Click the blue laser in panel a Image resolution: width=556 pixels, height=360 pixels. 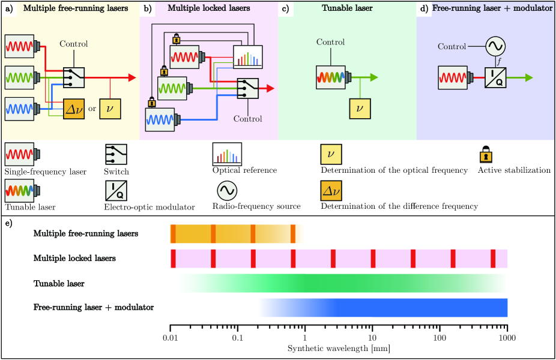point(20,110)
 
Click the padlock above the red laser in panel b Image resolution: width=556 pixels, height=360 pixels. point(177,39)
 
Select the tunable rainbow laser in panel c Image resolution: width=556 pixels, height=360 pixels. point(331,77)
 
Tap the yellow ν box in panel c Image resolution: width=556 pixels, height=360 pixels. point(360,108)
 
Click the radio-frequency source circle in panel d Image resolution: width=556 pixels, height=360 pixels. point(496,46)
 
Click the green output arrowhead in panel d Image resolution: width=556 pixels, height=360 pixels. point(528,78)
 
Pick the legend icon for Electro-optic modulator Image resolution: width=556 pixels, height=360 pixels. point(115,191)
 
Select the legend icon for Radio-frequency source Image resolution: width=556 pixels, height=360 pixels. point(227,191)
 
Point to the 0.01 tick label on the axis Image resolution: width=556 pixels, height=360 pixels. point(171,337)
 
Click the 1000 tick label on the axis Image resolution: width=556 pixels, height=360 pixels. point(507,337)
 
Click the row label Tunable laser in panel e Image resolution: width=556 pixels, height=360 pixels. point(59,283)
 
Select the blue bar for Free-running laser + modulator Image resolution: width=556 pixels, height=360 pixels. point(414,307)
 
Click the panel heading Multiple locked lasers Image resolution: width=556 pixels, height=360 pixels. point(208,8)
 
